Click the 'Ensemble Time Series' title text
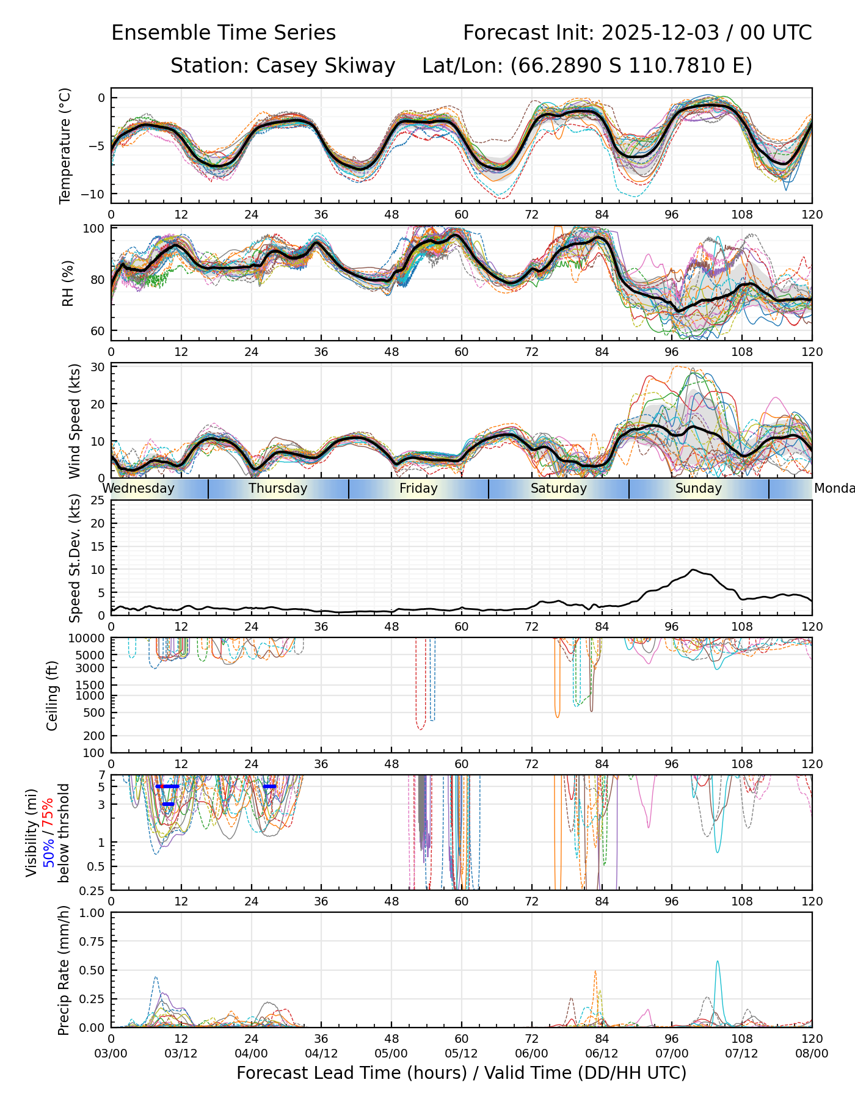pyautogui.click(x=224, y=33)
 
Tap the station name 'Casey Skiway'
pyautogui.click(x=326, y=66)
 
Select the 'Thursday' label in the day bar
pyautogui.click(x=278, y=488)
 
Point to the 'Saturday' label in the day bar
pyautogui.click(x=558, y=488)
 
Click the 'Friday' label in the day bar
pyautogui.click(x=418, y=488)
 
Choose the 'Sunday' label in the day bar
pyautogui.click(x=699, y=488)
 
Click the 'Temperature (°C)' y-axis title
pyautogui.click(x=65, y=145)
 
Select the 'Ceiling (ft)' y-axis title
pyautogui.click(x=53, y=695)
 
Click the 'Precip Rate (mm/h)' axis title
pyautogui.click(x=64, y=970)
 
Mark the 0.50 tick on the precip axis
pyautogui.click(x=92, y=970)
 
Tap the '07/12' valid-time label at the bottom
pyautogui.click(x=741, y=1054)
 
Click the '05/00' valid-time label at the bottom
pyautogui.click(x=391, y=1054)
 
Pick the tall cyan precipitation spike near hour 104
pyautogui.click(x=718, y=962)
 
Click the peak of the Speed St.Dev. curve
pyautogui.click(x=693, y=570)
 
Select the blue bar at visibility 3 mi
pyautogui.click(x=168, y=804)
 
